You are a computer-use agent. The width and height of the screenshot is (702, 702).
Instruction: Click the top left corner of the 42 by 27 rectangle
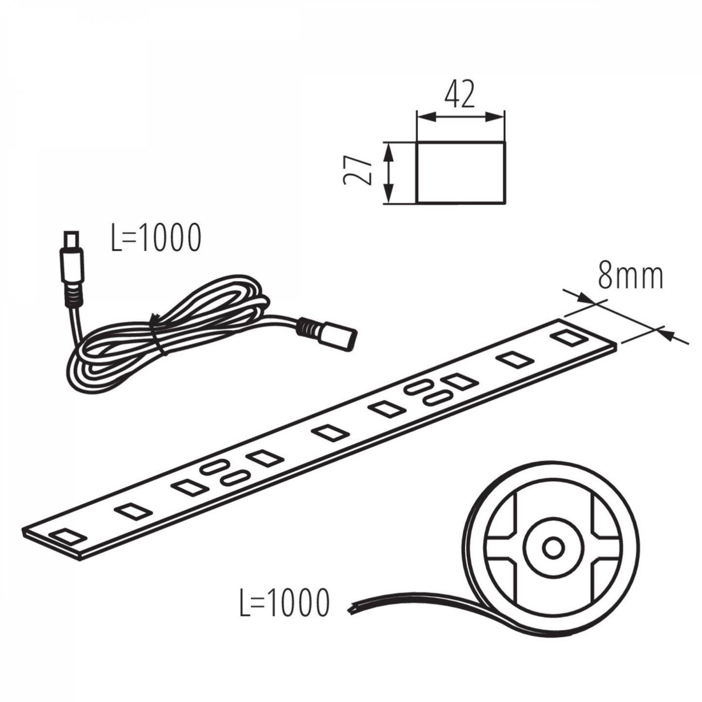(416, 142)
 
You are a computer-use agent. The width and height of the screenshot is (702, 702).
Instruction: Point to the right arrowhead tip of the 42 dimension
(505, 117)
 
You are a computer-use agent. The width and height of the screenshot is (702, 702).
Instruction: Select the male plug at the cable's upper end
(72, 260)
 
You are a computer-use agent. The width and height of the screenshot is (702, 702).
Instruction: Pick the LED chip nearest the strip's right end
(569, 337)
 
